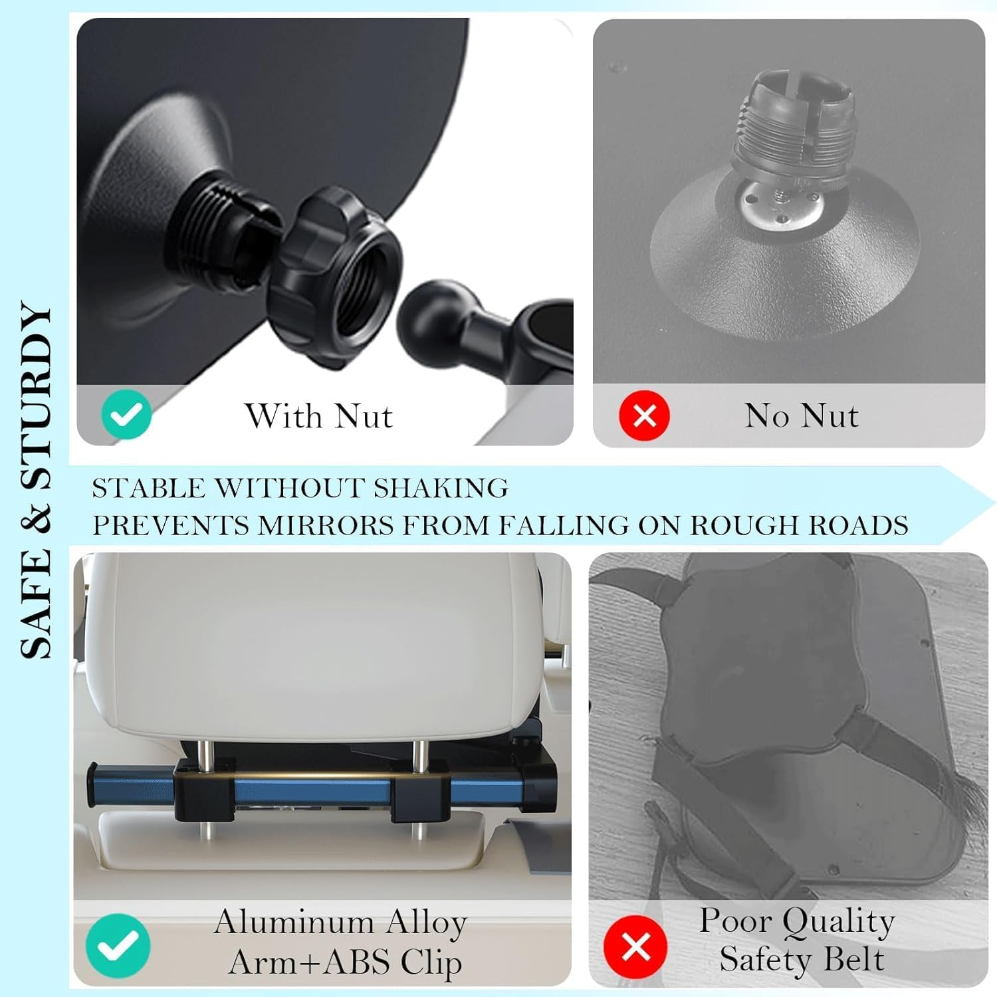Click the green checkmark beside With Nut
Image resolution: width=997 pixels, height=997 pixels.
point(126,415)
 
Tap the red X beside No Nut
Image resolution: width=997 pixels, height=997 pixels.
point(644,415)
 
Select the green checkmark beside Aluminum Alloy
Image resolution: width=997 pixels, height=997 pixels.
point(118,945)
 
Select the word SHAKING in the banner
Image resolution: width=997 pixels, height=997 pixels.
point(440,489)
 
